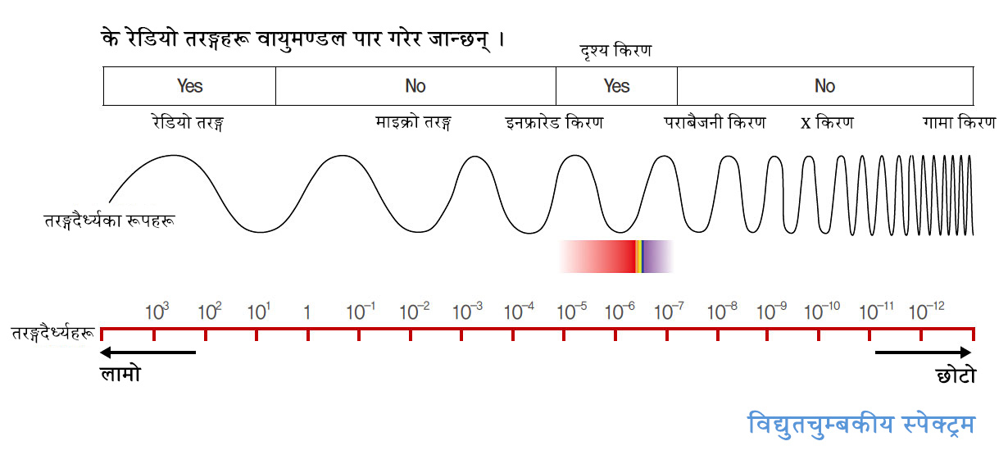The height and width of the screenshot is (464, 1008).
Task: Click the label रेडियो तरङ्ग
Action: point(188,123)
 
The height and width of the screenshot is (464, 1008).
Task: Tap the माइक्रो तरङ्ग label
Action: point(414,123)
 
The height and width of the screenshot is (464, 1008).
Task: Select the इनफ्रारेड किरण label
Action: point(555,123)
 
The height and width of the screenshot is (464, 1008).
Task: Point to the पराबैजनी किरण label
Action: point(715,123)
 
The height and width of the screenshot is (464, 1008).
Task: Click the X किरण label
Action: point(827,123)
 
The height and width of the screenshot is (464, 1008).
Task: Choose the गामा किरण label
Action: point(959,123)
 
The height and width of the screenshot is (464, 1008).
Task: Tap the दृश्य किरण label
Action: point(615,51)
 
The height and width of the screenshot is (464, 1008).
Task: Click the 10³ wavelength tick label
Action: point(157,311)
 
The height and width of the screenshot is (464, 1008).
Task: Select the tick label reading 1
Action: point(306,312)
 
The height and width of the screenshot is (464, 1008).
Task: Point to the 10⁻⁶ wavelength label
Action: point(619,311)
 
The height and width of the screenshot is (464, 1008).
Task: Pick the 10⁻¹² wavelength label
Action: point(927,311)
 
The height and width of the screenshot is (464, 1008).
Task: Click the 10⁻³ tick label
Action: point(467,311)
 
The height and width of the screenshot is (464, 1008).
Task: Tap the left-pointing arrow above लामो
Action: point(148,353)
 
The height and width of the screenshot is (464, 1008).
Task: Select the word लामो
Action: point(120,375)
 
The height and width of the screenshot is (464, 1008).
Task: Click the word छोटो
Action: point(955,375)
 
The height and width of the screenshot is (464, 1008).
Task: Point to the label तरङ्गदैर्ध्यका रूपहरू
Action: point(109,221)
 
